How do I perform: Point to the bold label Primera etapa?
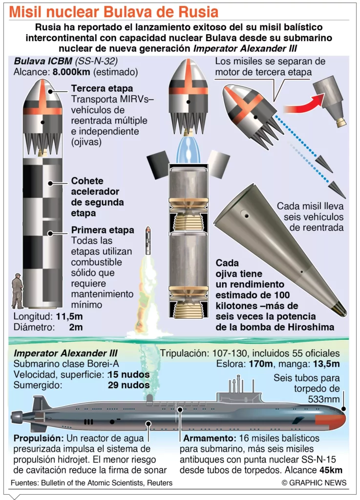[x=102, y=230]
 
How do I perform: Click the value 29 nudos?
[x=128, y=386]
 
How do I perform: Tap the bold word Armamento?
[x=208, y=438]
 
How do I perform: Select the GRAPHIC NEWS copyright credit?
[x=314, y=483]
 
